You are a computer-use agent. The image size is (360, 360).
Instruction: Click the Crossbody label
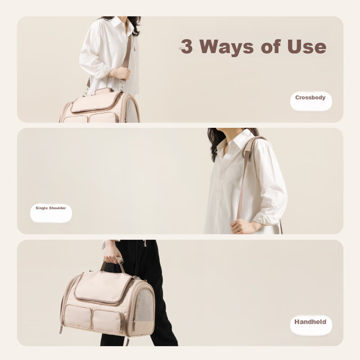(310, 98)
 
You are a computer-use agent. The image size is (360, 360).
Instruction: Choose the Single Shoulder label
(51, 208)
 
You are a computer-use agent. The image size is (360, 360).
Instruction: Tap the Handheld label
(310, 322)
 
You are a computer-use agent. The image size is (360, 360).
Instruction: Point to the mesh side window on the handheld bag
(144, 306)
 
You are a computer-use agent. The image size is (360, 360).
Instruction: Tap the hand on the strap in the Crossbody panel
(119, 73)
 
